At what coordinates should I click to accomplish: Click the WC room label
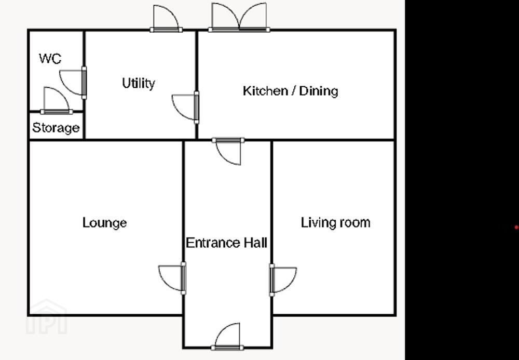pos(50,59)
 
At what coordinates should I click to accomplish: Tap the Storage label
pos(56,128)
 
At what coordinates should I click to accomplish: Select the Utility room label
pos(139,83)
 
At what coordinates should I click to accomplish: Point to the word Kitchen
pos(265,91)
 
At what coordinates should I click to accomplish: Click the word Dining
pos(319,91)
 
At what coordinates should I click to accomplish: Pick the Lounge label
pos(104,222)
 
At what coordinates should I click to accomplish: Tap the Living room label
pos(335,222)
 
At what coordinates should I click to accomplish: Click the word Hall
pos(255,243)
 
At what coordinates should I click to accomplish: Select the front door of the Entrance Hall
pos(227,336)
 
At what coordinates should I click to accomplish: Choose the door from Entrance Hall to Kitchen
pos(228,151)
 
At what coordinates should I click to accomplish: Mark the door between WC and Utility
pos(73,83)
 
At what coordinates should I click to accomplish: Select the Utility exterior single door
pos(166,19)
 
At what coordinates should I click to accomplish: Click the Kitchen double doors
pos(239,17)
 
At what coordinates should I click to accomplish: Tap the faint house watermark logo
pos(47,316)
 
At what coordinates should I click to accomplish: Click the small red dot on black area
pos(516,227)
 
